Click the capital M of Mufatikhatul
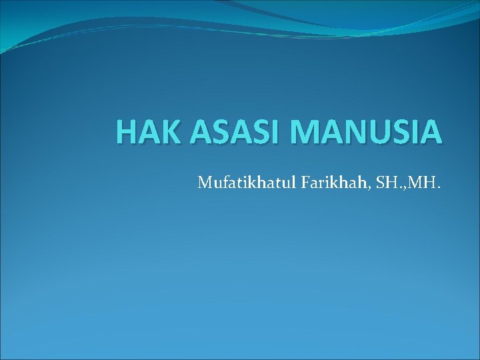click(204, 181)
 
